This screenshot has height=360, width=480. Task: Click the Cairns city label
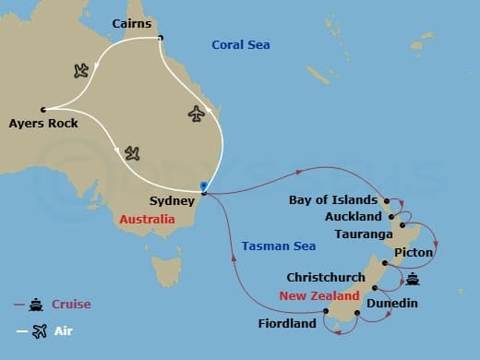[x=131, y=22]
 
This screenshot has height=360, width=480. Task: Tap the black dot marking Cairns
[x=161, y=38]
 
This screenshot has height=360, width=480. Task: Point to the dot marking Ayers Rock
[x=43, y=109]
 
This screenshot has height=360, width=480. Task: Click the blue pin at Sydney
[x=203, y=187]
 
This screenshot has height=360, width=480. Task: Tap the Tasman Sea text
[x=278, y=246]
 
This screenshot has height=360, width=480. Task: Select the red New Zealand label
[x=318, y=296]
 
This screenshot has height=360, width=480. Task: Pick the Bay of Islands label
[x=333, y=199]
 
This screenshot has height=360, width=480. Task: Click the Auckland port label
[x=354, y=217]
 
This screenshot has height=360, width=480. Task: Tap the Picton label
[x=413, y=251]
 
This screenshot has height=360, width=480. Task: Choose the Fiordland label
[x=291, y=323]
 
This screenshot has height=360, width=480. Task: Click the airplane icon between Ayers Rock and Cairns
[x=80, y=70]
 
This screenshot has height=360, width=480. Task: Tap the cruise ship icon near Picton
[x=413, y=278]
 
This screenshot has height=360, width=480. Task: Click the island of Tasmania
[x=166, y=270]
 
